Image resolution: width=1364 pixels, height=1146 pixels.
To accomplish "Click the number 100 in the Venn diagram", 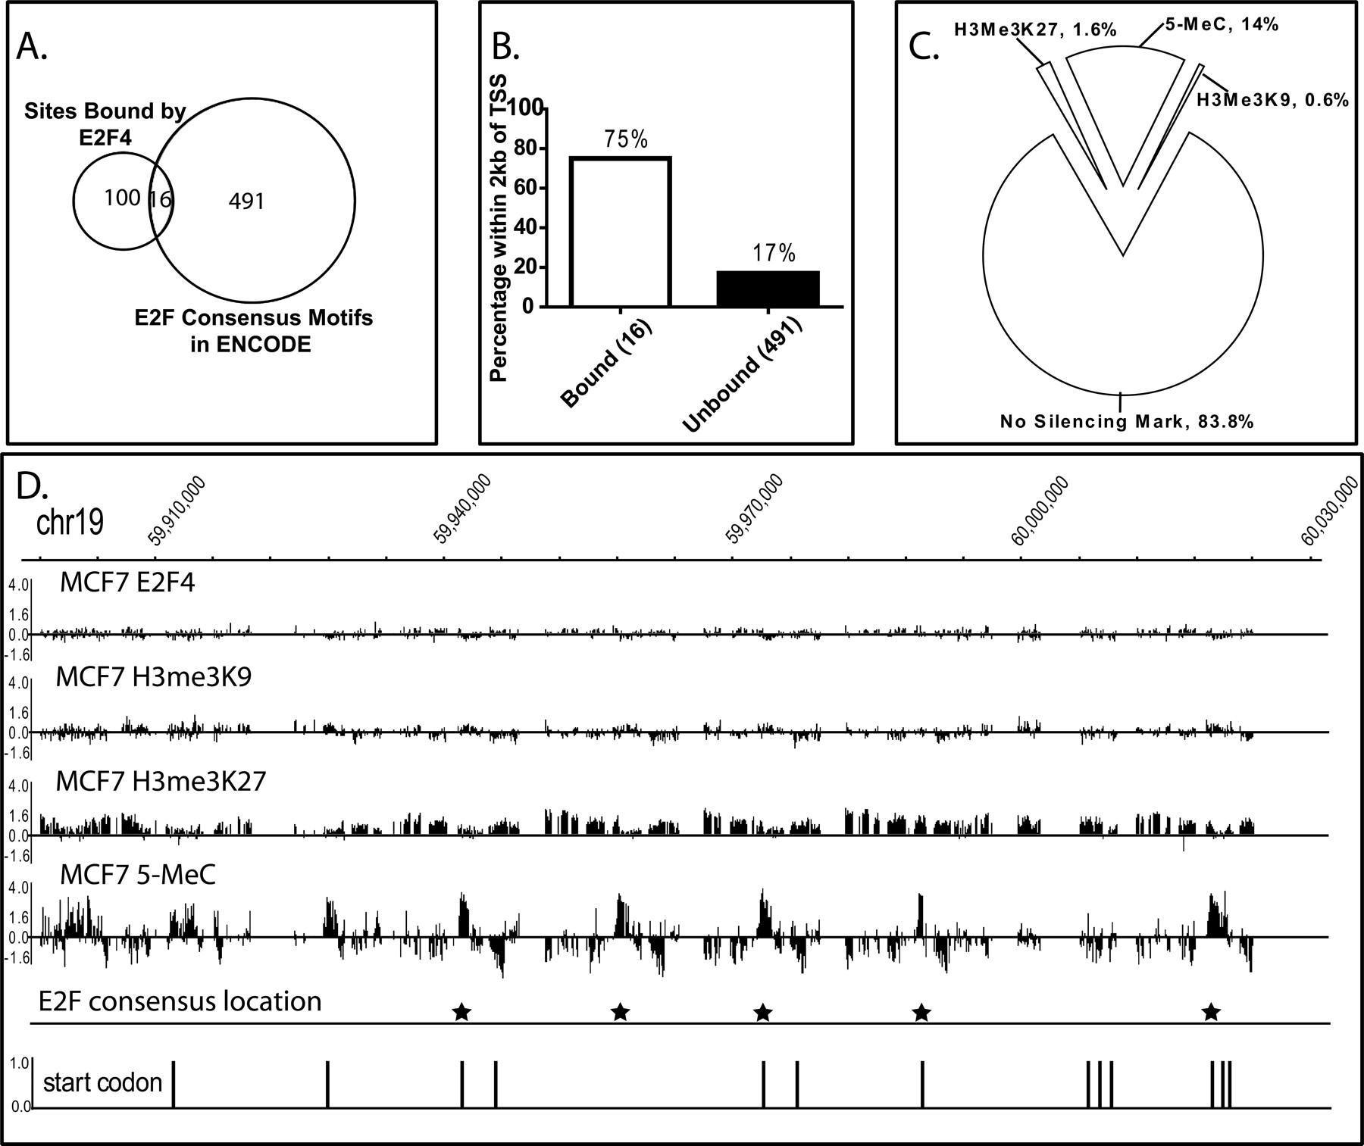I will coord(122,198).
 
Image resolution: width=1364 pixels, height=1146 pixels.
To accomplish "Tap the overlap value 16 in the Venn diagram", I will coord(161,200).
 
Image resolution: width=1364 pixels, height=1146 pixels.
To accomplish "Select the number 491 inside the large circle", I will coord(246,201).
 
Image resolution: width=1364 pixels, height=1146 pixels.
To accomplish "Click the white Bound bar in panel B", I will coord(620,232).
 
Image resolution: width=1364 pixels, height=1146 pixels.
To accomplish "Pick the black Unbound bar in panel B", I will coord(768,289).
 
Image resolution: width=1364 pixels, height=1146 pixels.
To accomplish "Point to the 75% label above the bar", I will coord(625,139).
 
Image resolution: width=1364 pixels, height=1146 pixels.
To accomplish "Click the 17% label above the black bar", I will coord(774,254).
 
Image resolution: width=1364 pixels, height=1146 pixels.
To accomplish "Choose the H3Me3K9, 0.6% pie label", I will coord(1272,99).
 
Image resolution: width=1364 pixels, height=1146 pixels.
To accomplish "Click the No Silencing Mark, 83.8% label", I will coord(1127,421).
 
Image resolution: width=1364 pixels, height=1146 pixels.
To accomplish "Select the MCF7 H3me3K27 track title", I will coord(161,781).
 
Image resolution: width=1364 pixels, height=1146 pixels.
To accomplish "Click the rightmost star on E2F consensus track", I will coord(1211,1011).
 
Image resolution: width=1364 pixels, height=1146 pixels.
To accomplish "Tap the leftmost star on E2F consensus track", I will coord(461,1011).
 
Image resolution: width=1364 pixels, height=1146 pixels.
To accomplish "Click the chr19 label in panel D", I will coord(70,523).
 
